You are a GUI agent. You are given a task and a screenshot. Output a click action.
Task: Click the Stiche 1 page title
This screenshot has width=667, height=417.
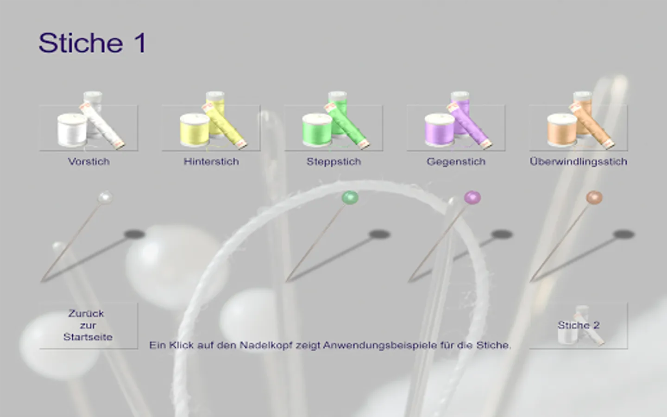tap(92, 43)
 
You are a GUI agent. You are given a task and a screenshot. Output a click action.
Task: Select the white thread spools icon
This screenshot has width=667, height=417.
tap(89, 121)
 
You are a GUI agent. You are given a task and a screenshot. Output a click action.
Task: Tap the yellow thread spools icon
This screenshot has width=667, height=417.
tap(211, 121)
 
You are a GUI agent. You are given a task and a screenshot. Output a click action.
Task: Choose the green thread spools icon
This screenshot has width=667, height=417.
tap(333, 121)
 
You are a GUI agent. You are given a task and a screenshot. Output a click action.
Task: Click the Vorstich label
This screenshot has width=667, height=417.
tap(89, 161)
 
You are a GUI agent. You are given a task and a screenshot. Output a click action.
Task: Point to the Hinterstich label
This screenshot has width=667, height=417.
tap(211, 161)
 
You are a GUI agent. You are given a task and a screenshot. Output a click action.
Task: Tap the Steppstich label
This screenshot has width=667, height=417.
tap(334, 162)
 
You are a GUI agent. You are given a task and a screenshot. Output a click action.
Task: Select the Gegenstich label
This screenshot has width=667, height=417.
tap(456, 162)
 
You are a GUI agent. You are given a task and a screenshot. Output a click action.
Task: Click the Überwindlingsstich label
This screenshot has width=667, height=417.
tap(578, 162)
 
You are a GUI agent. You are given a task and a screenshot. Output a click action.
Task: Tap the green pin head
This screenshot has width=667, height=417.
tap(350, 197)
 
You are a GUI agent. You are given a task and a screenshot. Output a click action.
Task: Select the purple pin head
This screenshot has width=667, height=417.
tap(472, 197)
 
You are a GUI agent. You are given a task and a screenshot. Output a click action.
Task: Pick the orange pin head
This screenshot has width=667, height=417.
tap(594, 197)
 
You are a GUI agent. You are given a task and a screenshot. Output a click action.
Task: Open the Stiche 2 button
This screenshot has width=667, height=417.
tap(578, 326)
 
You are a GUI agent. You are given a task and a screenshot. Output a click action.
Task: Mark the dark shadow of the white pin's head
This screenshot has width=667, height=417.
tap(135, 234)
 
